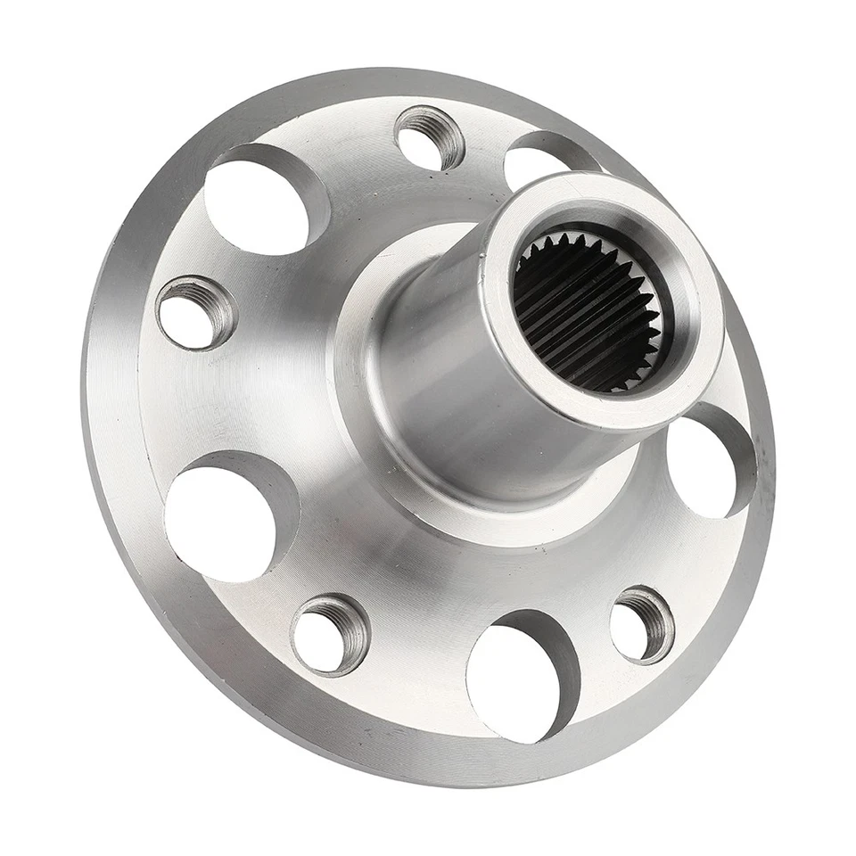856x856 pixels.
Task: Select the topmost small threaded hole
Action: (429, 137)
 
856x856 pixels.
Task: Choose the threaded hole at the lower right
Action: (641, 625)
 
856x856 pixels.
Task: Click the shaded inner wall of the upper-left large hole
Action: (308, 187)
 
